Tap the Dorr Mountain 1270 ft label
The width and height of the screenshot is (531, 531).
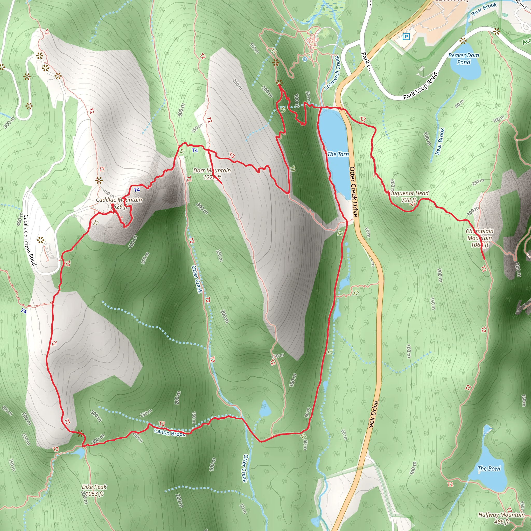click(212, 174)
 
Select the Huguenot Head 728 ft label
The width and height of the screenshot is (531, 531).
click(409, 197)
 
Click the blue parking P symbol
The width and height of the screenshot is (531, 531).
click(406, 36)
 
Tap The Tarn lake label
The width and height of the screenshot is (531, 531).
click(338, 154)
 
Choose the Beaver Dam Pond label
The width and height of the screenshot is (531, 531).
click(463, 59)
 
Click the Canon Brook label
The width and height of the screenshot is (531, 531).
click(170, 433)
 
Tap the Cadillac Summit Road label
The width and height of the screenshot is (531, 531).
click(30, 240)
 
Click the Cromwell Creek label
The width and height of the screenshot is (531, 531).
click(332, 73)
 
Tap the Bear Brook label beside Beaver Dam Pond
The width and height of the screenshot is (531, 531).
click(440, 142)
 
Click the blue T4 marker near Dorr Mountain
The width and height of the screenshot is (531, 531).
click(195, 150)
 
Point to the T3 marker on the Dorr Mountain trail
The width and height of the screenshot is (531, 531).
click(232, 156)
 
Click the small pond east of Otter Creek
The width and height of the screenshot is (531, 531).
click(265, 409)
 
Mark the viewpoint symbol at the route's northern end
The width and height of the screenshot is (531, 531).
click(279, 82)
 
